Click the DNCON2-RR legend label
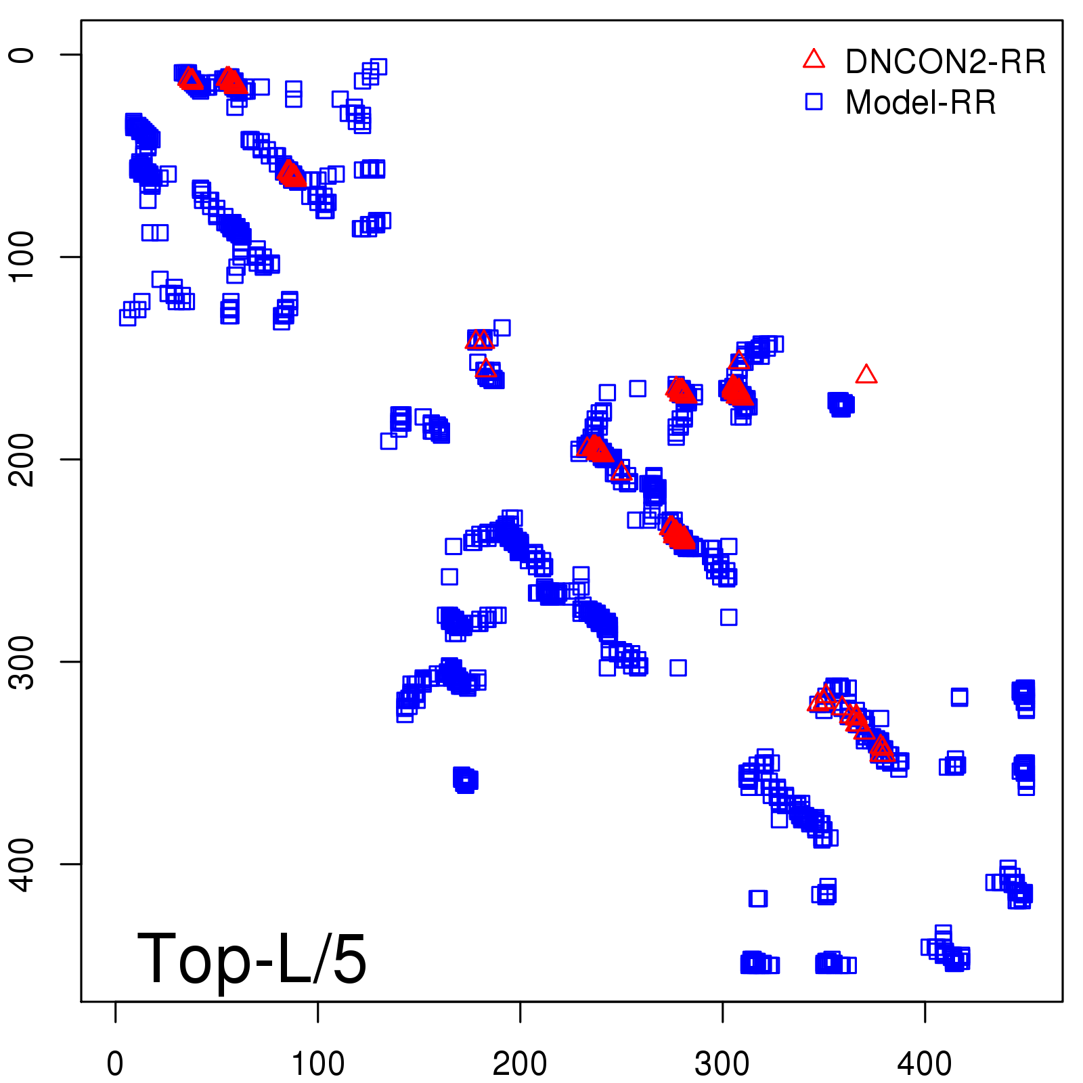coord(945,62)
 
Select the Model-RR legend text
coord(921,103)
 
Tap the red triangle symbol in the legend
coord(814,60)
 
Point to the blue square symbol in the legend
coord(814,102)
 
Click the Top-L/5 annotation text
coord(252,958)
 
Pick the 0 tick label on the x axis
coord(115,1064)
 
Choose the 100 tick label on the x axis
coord(317,1064)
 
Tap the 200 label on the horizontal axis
coord(520,1064)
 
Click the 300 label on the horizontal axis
coord(722,1064)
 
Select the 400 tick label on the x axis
coord(925,1064)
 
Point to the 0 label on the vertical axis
coord(23,54)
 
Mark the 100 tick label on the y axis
coord(23,257)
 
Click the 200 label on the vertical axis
coord(23,459)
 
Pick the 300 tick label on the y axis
coord(23,661)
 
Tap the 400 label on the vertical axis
coord(23,864)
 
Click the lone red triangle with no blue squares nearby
coord(866,374)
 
